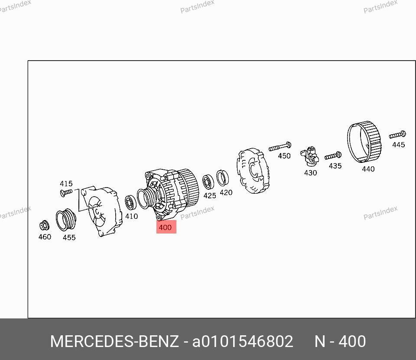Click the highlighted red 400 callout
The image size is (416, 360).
(x=166, y=227)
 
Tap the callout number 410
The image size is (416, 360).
(x=132, y=216)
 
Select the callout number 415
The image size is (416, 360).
(x=66, y=184)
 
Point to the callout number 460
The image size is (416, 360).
(x=45, y=237)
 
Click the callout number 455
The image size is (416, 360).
(x=69, y=237)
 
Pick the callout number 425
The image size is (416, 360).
(x=210, y=195)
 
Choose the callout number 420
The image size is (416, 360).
(x=226, y=192)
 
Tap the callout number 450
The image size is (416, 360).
(x=284, y=156)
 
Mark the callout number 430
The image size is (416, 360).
(x=310, y=173)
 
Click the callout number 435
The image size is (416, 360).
(x=335, y=166)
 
